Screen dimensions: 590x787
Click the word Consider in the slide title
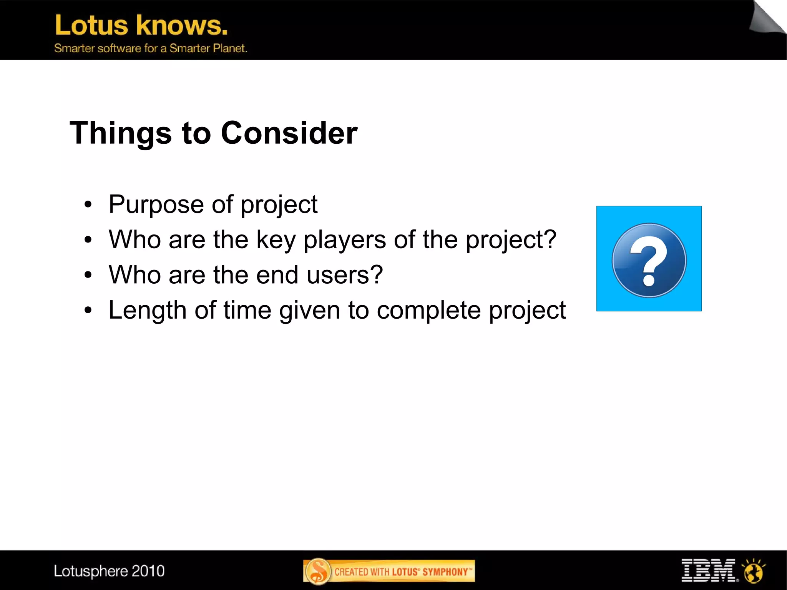click(289, 133)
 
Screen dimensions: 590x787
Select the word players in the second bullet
click(344, 240)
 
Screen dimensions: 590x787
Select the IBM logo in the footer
click(709, 570)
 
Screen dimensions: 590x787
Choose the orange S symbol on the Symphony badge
click(318, 571)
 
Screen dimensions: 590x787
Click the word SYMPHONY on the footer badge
click(445, 572)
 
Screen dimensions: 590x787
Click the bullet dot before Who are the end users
click(88, 275)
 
